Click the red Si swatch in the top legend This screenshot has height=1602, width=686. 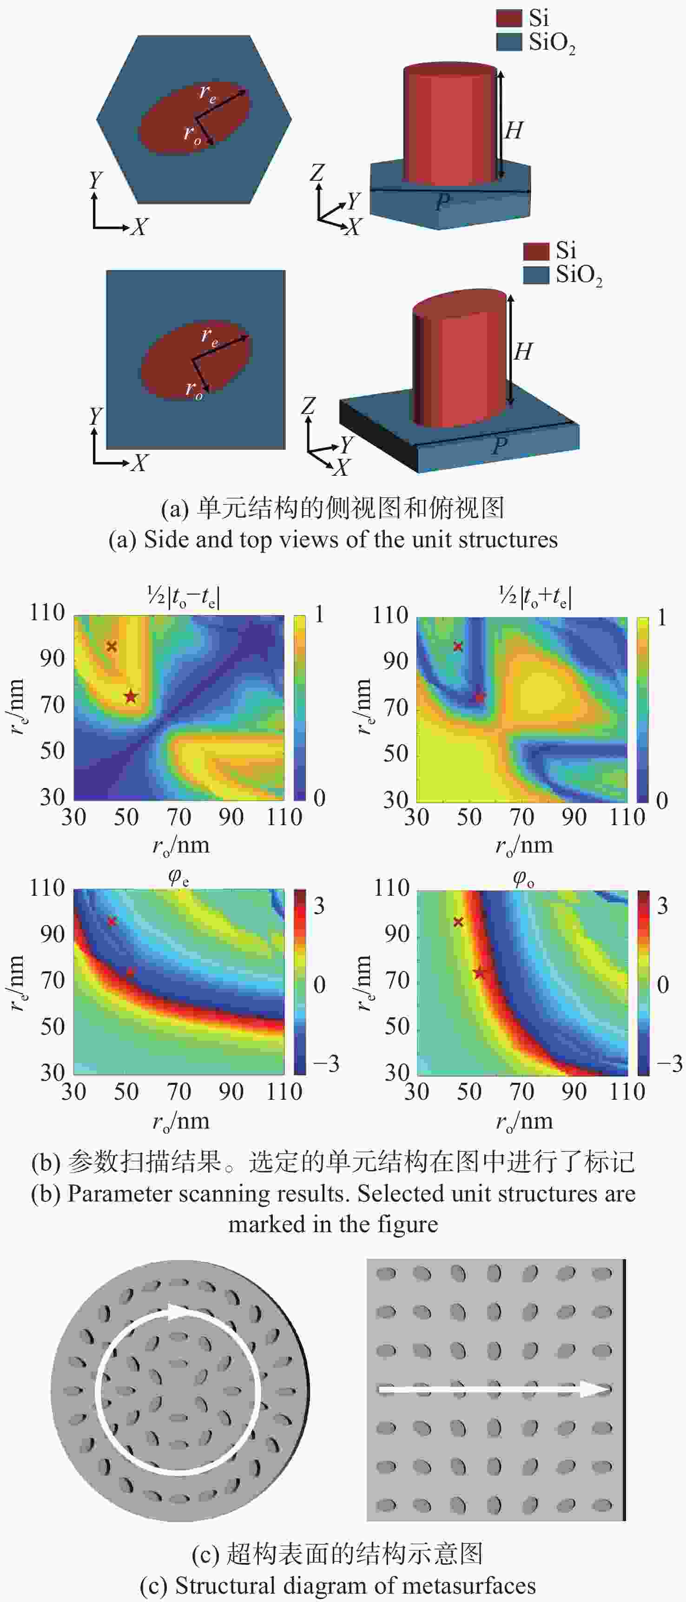(x=508, y=18)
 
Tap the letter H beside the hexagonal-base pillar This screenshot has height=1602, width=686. (x=514, y=131)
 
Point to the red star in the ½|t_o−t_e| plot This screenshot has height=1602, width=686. (x=130, y=696)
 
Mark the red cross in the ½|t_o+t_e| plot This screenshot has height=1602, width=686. (x=458, y=646)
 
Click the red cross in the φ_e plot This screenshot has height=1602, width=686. (x=112, y=921)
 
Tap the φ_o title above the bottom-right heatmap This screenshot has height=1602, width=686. (x=524, y=878)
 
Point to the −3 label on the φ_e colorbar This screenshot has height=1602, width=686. (x=326, y=1064)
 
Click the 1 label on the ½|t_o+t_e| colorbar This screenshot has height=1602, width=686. (x=662, y=617)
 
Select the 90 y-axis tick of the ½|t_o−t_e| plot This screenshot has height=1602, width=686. (x=52, y=658)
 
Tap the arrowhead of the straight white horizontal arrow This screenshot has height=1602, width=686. (x=594, y=1389)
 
